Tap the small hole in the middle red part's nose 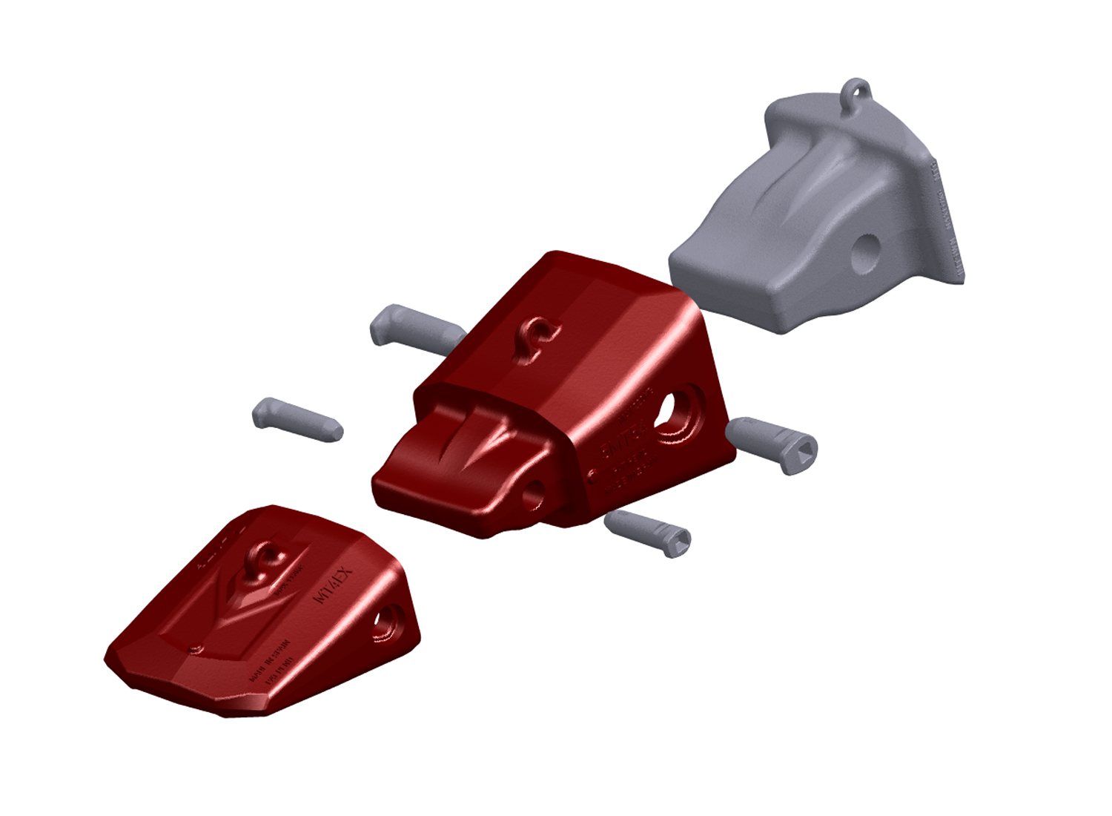click(x=532, y=493)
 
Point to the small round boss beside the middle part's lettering click(x=592, y=474)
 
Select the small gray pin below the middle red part click(x=647, y=532)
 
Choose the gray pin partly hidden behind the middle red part click(x=415, y=326)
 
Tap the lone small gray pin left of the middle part click(x=297, y=419)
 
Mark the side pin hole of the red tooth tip click(x=385, y=622)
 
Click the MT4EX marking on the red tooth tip click(x=335, y=586)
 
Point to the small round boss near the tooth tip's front click(x=196, y=650)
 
